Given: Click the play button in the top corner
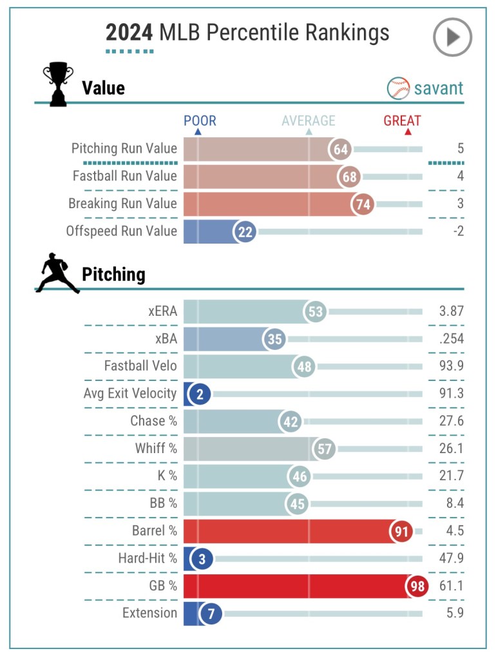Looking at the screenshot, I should pos(452,37).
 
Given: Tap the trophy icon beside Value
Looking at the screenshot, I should pos(57,84).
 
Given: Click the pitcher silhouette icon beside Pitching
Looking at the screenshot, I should pos(57,274).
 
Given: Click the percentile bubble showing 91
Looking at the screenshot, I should pos(401,532).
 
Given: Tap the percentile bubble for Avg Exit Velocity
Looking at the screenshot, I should pos(200,394).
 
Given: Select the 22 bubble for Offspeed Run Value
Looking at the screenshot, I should pos(245,231).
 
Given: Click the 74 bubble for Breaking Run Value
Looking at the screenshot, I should pos(363,204).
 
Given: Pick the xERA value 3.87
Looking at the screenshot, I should pos(452,312).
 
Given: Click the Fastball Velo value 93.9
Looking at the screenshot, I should pos(452,367).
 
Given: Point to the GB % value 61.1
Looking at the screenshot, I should pos(452,586).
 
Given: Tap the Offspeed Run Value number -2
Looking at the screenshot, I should pos(458,231).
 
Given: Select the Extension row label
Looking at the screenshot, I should pos(149,613).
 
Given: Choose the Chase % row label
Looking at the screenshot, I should pos(153,421).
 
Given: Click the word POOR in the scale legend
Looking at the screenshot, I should pos(200,121).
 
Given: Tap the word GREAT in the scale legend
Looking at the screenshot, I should pos(402,121).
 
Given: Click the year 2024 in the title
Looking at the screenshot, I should pos(129,32).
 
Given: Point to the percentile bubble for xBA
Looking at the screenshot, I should pos(274,339).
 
